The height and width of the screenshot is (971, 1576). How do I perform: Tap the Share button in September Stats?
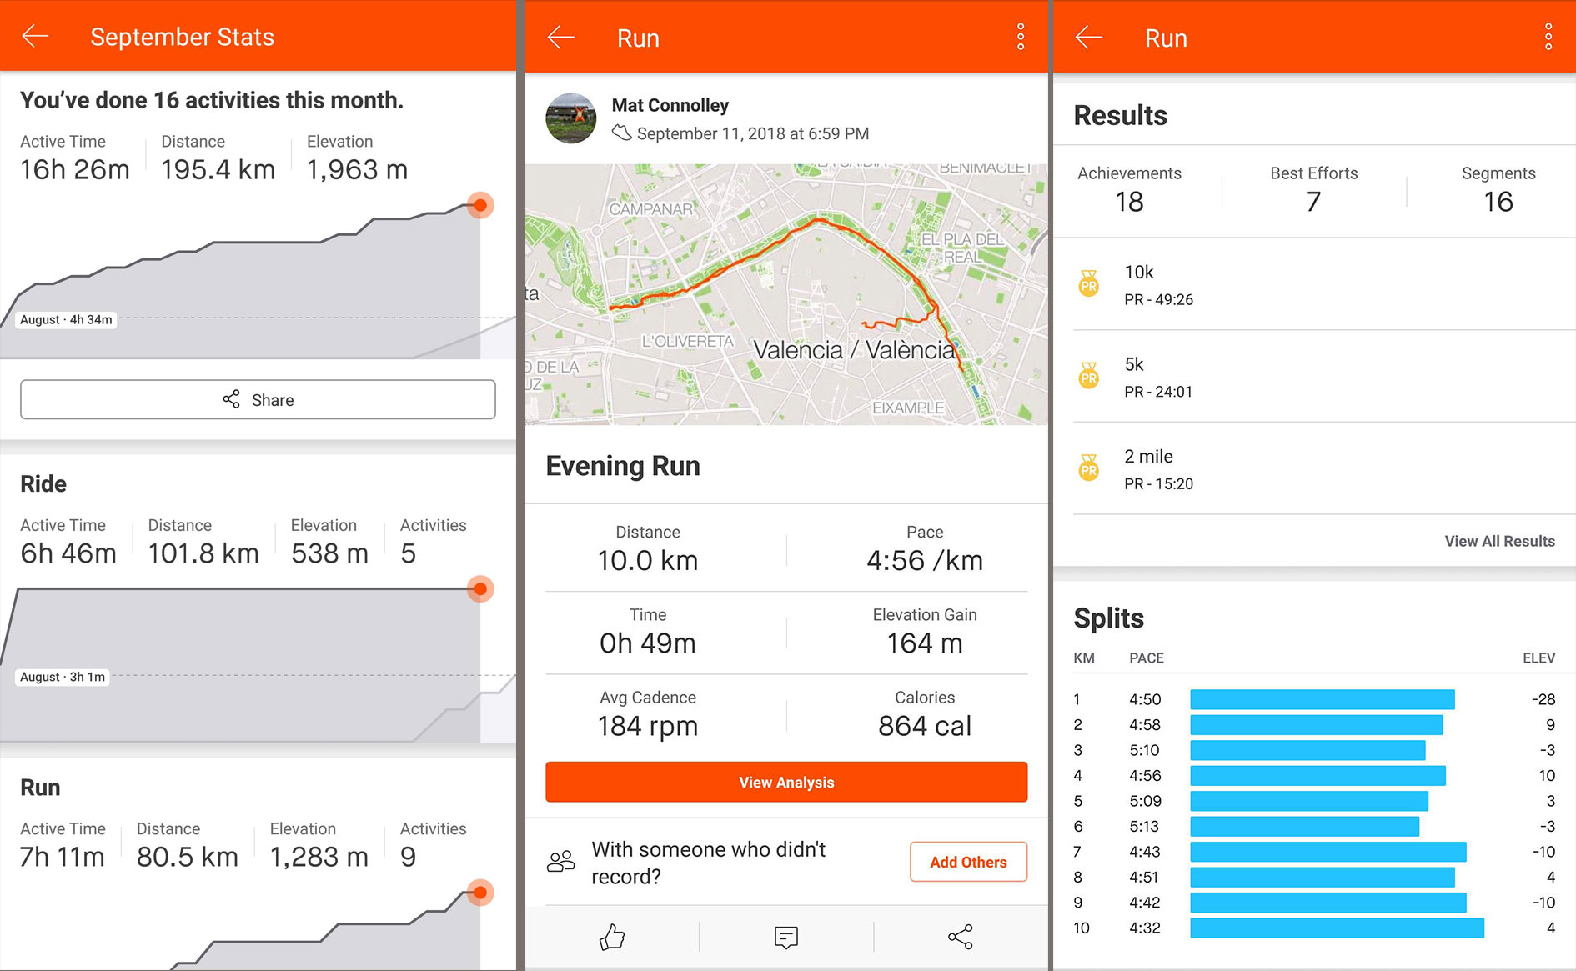(x=258, y=400)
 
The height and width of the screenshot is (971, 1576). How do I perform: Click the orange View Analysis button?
(x=785, y=782)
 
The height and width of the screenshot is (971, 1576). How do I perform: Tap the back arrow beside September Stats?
(x=35, y=36)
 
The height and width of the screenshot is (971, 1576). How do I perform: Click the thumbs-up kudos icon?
(x=612, y=937)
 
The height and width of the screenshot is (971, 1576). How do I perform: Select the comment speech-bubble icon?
(x=785, y=937)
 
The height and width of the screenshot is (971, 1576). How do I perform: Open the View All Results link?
(x=1499, y=541)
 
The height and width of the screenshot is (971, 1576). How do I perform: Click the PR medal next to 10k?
(x=1088, y=284)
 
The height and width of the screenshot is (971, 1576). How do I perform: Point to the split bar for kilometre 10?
(x=1337, y=928)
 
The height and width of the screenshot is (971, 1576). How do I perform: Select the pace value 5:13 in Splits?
(x=1144, y=826)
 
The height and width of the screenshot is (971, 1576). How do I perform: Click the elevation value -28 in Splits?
(x=1543, y=699)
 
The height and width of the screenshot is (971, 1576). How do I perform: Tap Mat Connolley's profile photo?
(x=570, y=118)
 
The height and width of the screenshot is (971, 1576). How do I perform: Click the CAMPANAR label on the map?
(x=650, y=209)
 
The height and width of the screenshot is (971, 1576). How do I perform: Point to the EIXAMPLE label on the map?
(x=907, y=408)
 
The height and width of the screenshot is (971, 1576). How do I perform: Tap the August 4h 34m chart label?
(x=66, y=319)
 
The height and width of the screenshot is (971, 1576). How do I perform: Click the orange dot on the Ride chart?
(x=480, y=589)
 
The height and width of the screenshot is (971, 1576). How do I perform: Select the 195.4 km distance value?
(x=218, y=170)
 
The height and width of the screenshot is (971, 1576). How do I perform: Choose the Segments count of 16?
(x=1498, y=202)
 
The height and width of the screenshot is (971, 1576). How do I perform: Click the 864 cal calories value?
(x=924, y=726)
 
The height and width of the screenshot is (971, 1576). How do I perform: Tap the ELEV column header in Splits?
(x=1538, y=658)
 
